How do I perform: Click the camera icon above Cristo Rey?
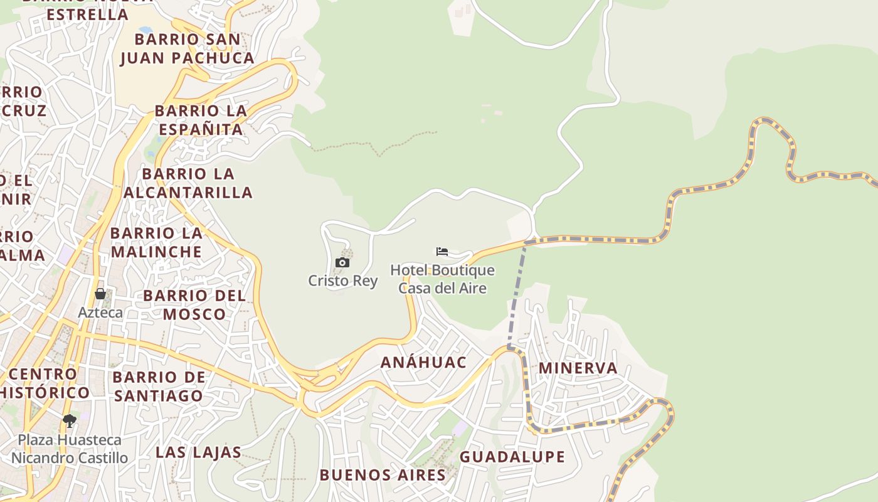click(x=342, y=262)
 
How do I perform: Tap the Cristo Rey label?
click(x=342, y=280)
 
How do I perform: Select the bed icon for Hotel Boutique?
click(x=442, y=252)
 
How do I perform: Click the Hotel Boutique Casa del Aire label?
click(x=442, y=279)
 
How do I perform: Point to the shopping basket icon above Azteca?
click(x=100, y=294)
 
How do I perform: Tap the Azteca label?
click(x=100, y=312)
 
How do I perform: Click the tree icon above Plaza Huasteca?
click(x=70, y=420)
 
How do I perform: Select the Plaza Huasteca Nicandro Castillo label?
click(x=69, y=449)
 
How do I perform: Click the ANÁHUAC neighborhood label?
click(x=424, y=362)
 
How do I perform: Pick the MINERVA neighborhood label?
click(x=578, y=368)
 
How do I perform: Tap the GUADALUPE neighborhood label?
click(x=512, y=457)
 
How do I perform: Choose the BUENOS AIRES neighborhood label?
click(x=383, y=475)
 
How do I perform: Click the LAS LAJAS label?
click(x=198, y=452)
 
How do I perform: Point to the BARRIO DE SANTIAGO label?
click(x=159, y=386)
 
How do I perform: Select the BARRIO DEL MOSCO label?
click(x=194, y=304)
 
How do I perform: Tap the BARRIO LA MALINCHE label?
click(x=156, y=242)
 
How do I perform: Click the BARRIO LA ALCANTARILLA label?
click(x=188, y=183)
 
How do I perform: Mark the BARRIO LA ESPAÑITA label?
click(x=201, y=120)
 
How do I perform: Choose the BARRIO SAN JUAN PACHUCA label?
click(x=187, y=48)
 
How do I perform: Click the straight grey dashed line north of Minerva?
click(x=517, y=295)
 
